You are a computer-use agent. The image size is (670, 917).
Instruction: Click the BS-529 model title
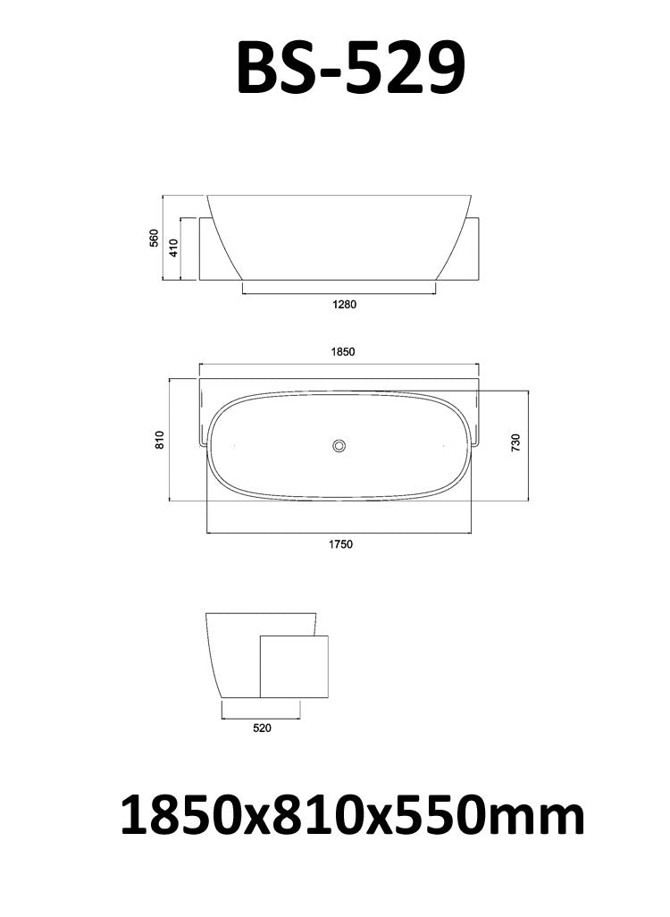point(350,69)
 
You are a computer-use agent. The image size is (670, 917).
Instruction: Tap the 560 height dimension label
point(154,238)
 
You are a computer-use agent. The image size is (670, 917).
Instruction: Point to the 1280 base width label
point(344,305)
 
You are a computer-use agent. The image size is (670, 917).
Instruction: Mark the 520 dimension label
point(262,728)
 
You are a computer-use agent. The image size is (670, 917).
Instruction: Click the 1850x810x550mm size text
point(352,816)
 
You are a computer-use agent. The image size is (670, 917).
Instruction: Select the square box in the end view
point(294,667)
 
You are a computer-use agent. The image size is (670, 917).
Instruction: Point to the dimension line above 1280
point(339,292)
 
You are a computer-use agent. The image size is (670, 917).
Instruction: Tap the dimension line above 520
point(261,717)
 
